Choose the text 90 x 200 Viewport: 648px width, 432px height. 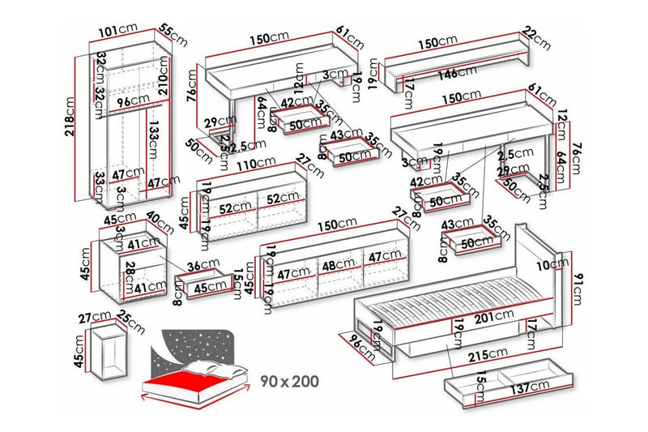pos(290,380)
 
